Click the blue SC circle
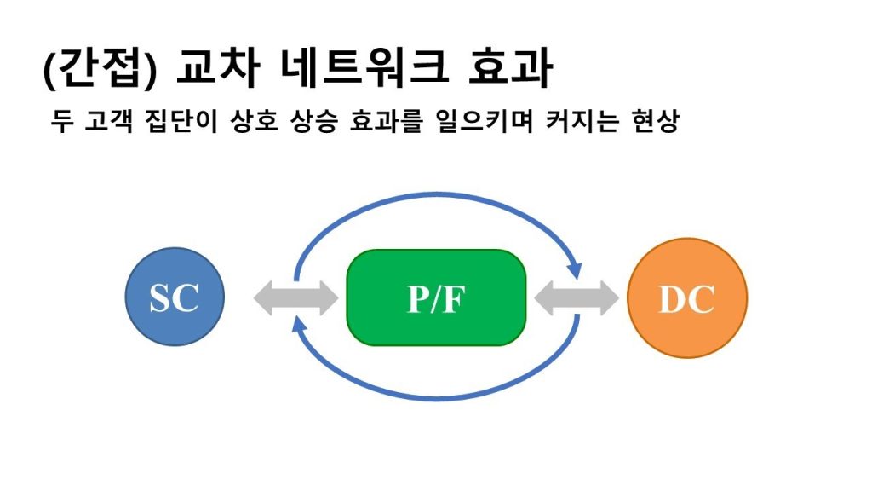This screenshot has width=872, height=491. [x=175, y=297]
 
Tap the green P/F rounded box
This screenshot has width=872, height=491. [x=436, y=297]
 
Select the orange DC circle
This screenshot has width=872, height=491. [x=686, y=297]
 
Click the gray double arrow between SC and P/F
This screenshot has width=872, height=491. [x=295, y=297]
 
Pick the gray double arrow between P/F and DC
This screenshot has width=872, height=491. [x=577, y=297]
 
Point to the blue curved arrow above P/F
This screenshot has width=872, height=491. [x=436, y=196]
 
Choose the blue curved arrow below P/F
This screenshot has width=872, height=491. [x=436, y=396]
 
